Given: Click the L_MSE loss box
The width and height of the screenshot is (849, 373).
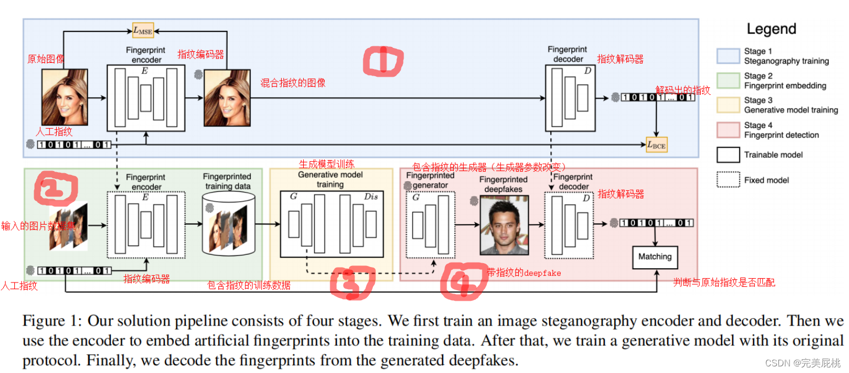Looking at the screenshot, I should click(x=143, y=30).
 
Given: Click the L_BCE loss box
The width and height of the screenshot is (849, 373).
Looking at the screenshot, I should click(x=656, y=145).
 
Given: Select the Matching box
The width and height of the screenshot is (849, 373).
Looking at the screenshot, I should click(x=655, y=257).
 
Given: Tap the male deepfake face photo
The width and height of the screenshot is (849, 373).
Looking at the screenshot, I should click(x=500, y=225).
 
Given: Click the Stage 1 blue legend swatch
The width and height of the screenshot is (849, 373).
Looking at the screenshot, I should click(x=728, y=56).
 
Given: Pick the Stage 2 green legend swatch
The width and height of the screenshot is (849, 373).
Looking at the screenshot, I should click(x=728, y=81).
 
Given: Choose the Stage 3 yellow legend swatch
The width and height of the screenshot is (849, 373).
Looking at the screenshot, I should click(x=728, y=105).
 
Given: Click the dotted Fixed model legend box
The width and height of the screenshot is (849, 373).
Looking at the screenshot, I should click(x=728, y=180).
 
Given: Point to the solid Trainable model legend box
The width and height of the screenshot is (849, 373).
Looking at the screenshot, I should click(x=728, y=155).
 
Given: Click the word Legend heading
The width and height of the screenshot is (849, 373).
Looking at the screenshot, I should click(x=771, y=29).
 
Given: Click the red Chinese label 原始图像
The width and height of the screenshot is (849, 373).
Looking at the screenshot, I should click(x=46, y=58).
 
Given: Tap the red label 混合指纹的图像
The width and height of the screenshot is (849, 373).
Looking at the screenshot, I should click(x=293, y=83).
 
